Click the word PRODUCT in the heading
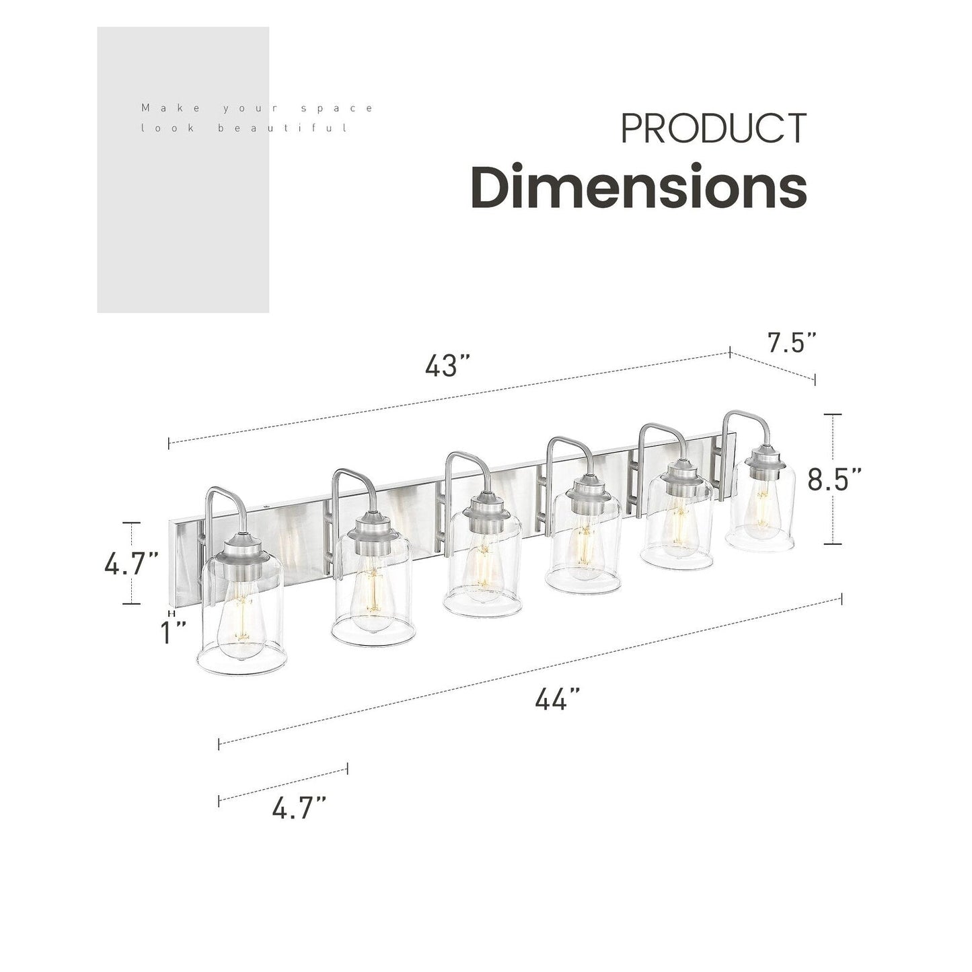click(713, 128)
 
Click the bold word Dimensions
click(638, 187)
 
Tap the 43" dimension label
click(447, 366)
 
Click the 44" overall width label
click(558, 700)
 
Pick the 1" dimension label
click(174, 632)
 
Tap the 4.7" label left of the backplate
click(131, 564)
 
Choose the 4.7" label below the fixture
click(299, 808)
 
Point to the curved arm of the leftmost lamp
click(223, 501)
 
